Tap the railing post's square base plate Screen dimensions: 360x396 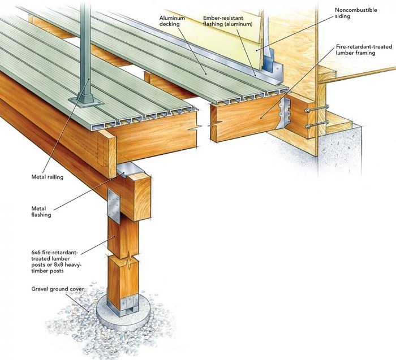point(85,101)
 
